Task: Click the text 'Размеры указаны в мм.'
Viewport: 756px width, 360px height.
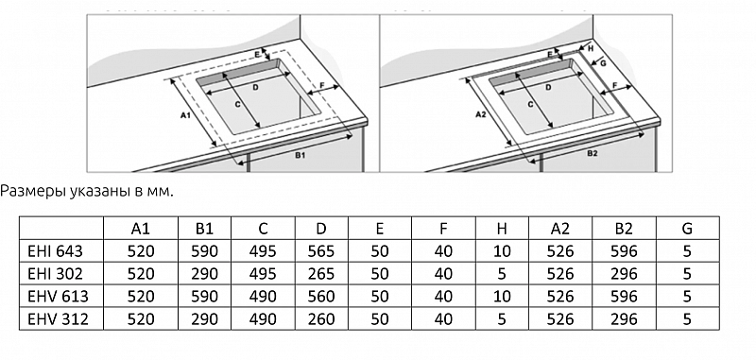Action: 87,192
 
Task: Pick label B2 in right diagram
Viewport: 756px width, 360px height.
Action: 593,153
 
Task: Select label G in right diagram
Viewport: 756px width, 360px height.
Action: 602,65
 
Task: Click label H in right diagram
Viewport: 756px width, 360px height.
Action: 590,46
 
